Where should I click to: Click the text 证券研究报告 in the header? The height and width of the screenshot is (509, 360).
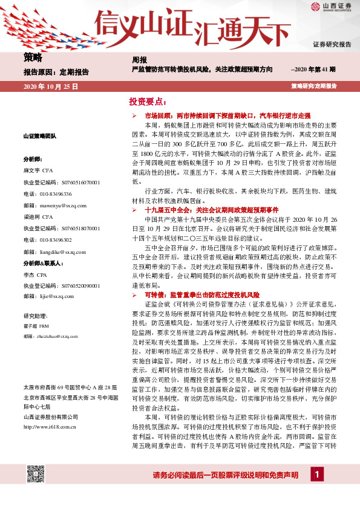(332, 45)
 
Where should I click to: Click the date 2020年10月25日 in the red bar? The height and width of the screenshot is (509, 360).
(51, 86)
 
